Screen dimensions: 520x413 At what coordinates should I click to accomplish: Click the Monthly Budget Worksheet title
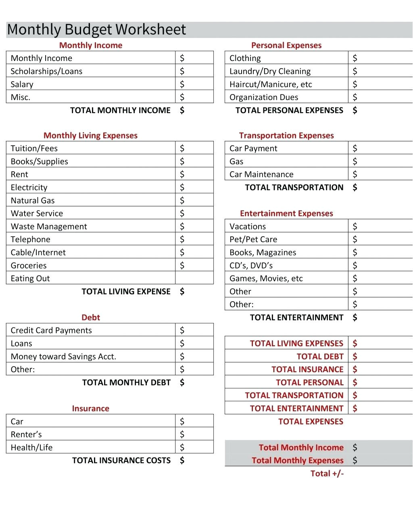[x=96, y=29]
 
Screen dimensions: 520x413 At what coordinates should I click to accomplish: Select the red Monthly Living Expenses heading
[x=90, y=136]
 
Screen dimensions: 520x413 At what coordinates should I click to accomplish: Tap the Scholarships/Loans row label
[x=46, y=71]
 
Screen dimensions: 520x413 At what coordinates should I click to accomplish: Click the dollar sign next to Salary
[x=182, y=84]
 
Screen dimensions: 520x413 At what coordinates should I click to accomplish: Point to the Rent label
[x=19, y=174]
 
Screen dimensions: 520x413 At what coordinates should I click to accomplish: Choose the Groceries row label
[x=29, y=266]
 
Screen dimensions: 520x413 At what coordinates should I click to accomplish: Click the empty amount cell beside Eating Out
[x=194, y=278]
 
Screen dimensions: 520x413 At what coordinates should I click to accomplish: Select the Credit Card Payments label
[x=51, y=331]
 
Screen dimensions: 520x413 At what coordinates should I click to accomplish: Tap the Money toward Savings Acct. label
[x=63, y=356]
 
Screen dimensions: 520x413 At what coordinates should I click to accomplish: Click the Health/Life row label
[x=31, y=447]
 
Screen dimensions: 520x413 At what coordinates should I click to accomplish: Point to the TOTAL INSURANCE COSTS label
[x=121, y=461]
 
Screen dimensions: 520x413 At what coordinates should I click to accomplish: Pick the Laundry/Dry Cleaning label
[x=270, y=71]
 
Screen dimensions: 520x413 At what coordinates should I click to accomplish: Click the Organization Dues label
[x=264, y=97]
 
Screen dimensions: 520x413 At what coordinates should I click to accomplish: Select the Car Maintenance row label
[x=261, y=174]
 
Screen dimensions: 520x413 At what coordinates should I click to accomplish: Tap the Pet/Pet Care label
[x=253, y=239]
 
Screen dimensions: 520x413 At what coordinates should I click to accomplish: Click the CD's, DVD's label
[x=251, y=266]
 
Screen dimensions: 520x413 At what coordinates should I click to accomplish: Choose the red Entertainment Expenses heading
[x=286, y=214]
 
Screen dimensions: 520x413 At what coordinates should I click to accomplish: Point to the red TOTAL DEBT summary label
[x=320, y=356]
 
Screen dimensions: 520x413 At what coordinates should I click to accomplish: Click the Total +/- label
[x=327, y=474]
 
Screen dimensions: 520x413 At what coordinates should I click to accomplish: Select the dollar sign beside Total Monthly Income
[x=355, y=447]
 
